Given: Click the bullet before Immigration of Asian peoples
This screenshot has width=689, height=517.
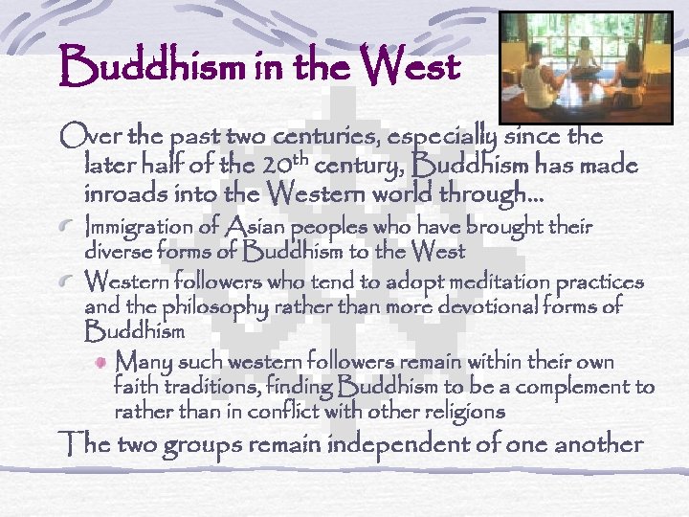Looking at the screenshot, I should coord(70,229).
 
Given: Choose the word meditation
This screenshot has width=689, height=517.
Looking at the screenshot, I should coord(501,283).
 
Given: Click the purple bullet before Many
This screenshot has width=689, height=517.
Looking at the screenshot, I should coord(100,365).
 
